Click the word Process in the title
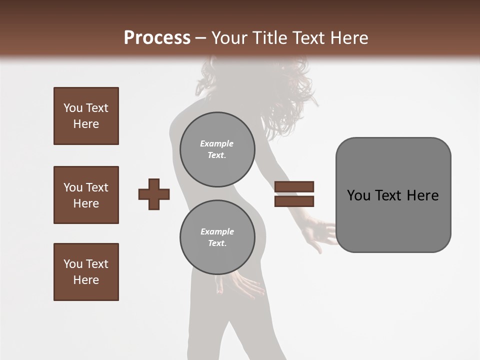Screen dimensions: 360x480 [x=157, y=38]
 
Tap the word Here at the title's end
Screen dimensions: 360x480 [x=348, y=38]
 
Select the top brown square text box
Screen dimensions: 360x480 [x=86, y=116]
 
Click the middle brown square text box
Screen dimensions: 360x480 [x=86, y=195]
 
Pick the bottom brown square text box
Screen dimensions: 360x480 [x=86, y=272]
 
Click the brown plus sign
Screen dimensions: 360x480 [x=154, y=194]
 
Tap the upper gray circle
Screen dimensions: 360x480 [x=217, y=149]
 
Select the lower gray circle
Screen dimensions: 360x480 [x=217, y=237]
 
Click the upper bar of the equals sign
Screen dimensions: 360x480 [x=294, y=186]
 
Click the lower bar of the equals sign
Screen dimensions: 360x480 [x=294, y=201]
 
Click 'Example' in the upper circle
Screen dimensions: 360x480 [x=216, y=143]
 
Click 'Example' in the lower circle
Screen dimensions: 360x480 [x=217, y=231]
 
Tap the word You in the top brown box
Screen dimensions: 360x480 [x=73, y=108]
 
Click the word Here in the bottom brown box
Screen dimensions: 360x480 [x=86, y=280]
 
